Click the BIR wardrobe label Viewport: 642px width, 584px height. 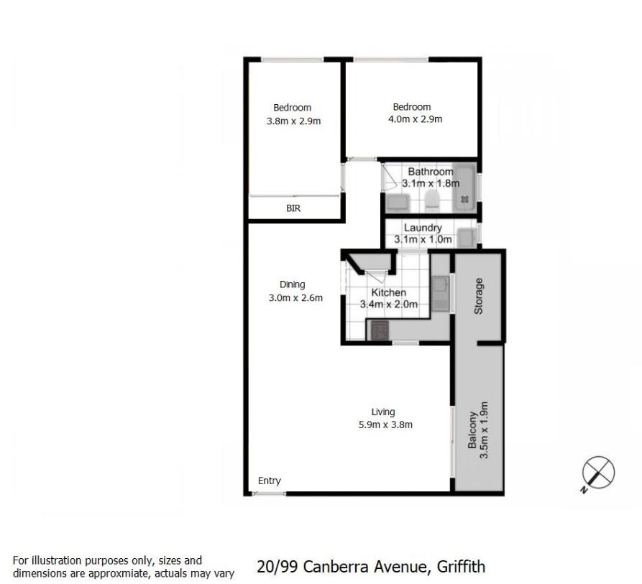coord(293,208)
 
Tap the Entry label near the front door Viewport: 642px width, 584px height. coord(270,481)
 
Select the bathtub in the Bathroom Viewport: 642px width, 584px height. coord(464,188)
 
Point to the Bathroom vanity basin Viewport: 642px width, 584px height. coord(397,203)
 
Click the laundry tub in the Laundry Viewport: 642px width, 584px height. coord(466,238)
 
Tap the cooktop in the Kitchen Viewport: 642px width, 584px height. coord(380,330)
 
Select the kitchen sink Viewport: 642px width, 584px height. coord(440,293)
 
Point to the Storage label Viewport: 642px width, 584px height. coord(478,296)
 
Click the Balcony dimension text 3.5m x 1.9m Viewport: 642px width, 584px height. coord(484,430)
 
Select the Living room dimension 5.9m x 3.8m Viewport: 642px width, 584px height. coord(385,425)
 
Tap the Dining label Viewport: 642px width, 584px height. coord(293,284)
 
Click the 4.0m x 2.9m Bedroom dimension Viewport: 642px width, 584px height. coord(415,119)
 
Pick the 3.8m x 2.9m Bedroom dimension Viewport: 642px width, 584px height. coord(293,121)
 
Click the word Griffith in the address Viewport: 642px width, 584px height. coord(462,567)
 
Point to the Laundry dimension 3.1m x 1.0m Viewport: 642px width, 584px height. coord(423,239)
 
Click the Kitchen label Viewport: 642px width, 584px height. coord(388,292)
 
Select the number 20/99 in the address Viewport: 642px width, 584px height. coord(278,567)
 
